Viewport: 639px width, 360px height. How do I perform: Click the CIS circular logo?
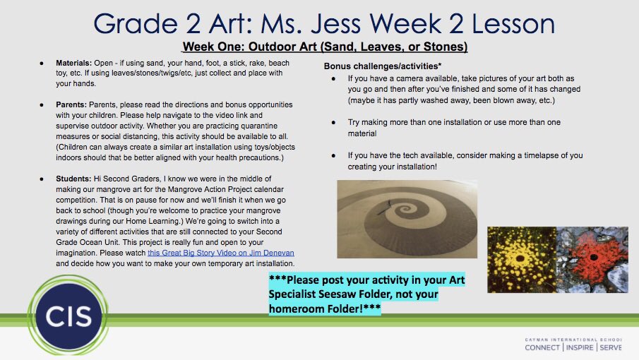click(x=60, y=316)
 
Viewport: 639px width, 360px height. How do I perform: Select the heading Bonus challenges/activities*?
click(x=378, y=66)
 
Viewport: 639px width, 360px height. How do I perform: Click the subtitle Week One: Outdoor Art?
click(x=325, y=47)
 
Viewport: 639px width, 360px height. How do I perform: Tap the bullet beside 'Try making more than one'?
click(x=333, y=123)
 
